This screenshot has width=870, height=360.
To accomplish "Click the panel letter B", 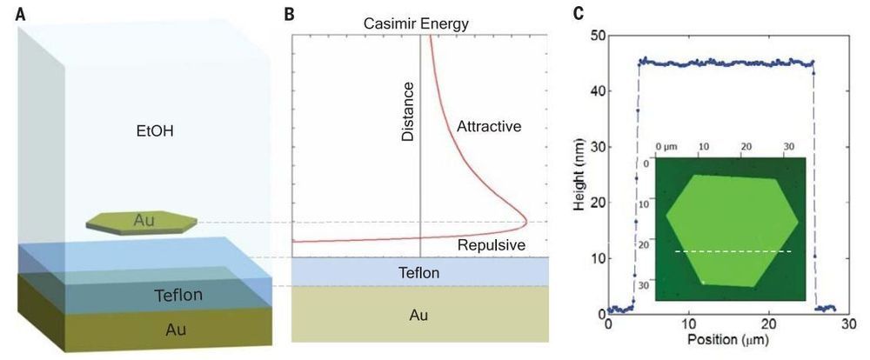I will click(291, 12).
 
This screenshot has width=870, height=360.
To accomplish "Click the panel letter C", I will click(577, 13).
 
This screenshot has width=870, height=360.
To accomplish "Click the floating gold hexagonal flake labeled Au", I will click(143, 222).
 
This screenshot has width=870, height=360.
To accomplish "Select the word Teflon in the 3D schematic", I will click(177, 295).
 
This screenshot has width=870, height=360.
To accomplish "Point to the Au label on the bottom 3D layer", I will click(176, 329).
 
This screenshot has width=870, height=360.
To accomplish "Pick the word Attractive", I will click(488, 127).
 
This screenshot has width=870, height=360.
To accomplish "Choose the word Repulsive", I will click(492, 246).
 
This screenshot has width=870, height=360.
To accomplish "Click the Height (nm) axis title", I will click(581, 174).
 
